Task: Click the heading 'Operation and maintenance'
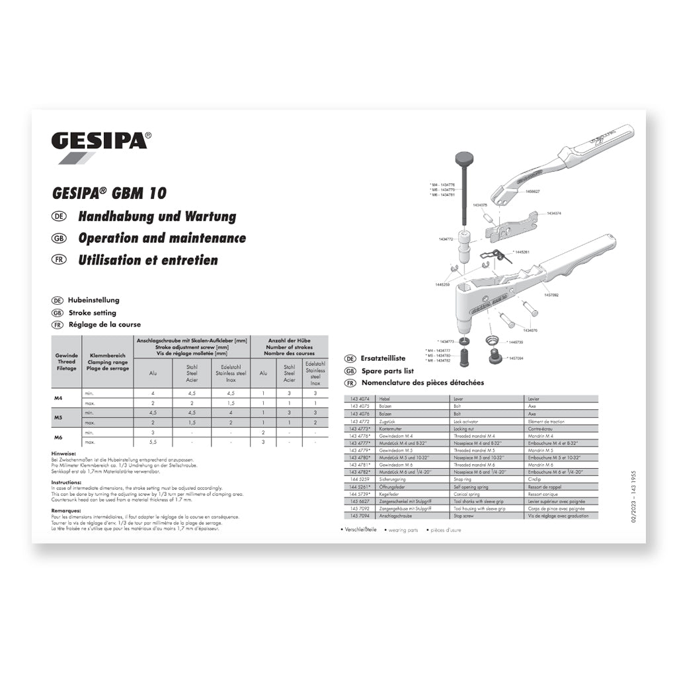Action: tap(161, 238)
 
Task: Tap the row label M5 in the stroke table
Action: tap(58, 418)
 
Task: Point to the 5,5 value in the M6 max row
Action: tap(153, 442)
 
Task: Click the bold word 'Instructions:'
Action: tap(66, 483)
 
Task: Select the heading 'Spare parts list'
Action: tap(387, 371)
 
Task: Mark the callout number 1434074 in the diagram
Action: tap(554, 214)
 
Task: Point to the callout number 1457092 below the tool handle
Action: tap(551, 296)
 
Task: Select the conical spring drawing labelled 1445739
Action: tap(491, 341)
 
